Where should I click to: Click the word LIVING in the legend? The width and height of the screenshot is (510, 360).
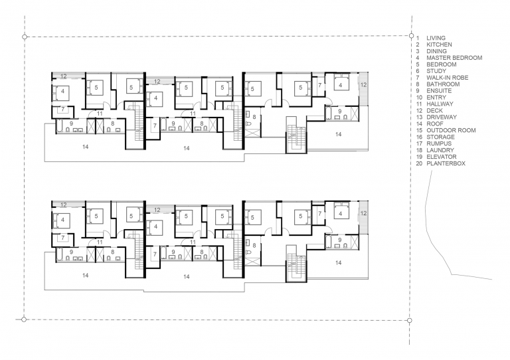436,39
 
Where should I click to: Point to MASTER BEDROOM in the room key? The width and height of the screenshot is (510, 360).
454,58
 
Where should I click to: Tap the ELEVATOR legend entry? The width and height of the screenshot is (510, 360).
440,157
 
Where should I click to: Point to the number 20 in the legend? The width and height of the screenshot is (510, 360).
419,163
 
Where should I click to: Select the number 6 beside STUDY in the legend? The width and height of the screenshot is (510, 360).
418,71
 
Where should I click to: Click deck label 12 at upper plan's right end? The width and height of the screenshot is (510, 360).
363,85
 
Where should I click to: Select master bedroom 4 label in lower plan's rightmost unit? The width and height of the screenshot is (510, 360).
341,213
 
